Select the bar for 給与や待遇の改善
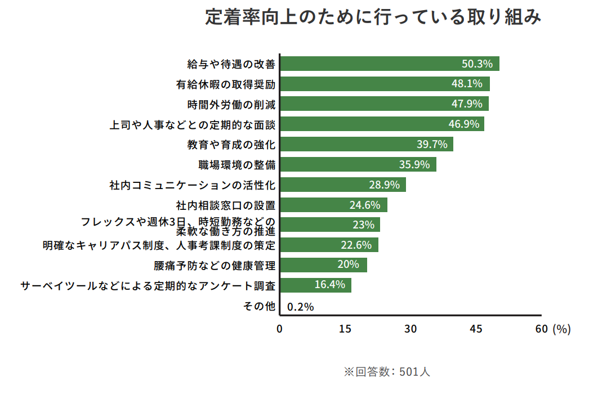[390, 64]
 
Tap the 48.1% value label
[467, 84]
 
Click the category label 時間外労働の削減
[231, 104]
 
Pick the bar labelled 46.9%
[382, 124]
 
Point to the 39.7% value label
[432, 145]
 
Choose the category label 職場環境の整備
[237, 165]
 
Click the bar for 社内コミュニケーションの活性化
[343, 185]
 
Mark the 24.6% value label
[365, 205]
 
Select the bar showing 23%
[330, 225]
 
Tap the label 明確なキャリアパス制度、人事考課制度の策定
[159, 245]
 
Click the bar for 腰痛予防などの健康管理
[323, 265]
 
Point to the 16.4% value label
[329, 285]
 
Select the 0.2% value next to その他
[300, 307]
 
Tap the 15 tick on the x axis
[345, 330]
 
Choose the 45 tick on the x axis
[476, 330]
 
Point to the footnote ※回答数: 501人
[387, 372]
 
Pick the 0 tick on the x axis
[280, 330]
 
